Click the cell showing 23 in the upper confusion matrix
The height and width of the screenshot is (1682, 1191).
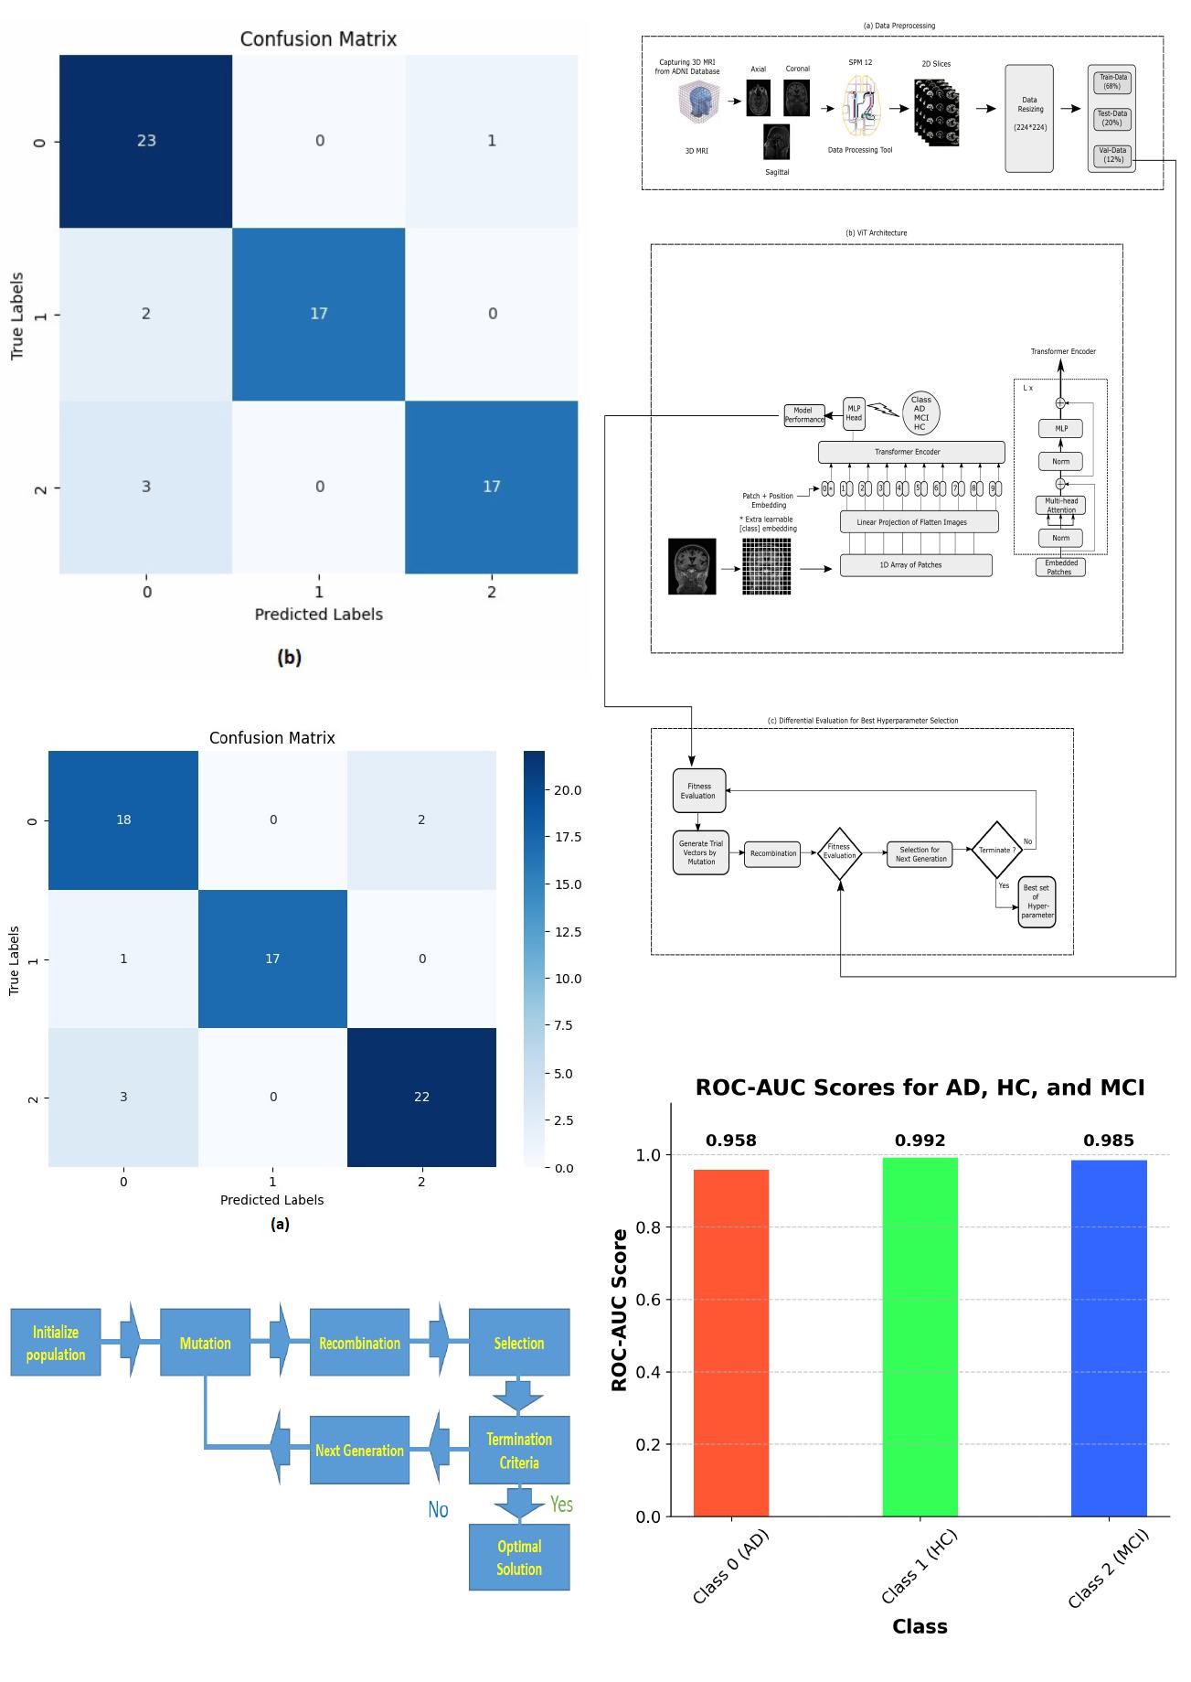click(146, 141)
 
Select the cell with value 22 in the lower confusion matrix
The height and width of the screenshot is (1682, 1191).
click(421, 1097)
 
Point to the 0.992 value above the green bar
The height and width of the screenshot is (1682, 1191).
click(920, 1141)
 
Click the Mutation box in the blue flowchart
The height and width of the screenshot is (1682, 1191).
click(205, 1343)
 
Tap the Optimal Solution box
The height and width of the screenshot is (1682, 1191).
click(518, 1557)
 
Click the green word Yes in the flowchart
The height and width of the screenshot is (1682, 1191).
click(560, 1505)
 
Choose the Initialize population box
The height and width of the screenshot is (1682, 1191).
click(56, 1343)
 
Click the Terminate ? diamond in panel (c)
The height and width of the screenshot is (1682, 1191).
click(995, 850)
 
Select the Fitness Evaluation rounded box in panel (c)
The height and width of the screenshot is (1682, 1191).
click(698, 791)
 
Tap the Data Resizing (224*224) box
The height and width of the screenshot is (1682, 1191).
click(1029, 118)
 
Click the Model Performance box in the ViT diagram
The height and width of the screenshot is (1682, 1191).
click(803, 415)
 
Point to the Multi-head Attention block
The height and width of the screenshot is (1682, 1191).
click(1060, 505)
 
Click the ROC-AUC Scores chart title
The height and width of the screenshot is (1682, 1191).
click(920, 1087)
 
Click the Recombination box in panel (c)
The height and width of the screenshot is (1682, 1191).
click(772, 853)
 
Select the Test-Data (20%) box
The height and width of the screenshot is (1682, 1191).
click(1111, 118)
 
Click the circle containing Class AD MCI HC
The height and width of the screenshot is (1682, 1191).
click(920, 413)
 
